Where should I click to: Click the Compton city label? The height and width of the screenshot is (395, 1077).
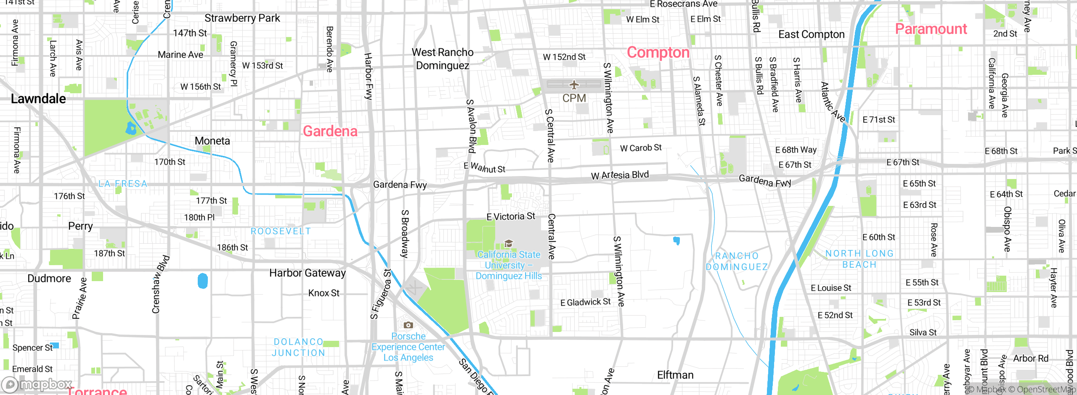658,53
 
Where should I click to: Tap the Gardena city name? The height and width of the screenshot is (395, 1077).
330,131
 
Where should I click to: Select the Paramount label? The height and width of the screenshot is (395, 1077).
931,29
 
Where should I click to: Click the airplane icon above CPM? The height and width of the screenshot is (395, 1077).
574,85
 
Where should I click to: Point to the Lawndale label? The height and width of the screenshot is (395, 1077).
38,99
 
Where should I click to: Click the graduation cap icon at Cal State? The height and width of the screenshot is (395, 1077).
508,244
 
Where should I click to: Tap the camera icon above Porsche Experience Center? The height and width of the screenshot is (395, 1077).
408,325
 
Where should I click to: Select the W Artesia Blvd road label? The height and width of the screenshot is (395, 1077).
620,175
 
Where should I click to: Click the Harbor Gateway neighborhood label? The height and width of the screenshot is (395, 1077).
307,273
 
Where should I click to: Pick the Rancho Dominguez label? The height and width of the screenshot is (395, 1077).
737,261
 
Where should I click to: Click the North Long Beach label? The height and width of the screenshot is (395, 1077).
859,259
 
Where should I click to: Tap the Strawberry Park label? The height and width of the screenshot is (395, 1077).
242,18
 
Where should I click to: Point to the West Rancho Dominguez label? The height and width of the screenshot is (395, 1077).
443,59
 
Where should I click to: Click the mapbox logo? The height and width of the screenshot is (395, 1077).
37,384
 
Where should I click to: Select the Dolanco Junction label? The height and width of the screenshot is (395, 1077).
298,348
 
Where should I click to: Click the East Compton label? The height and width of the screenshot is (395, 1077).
811,34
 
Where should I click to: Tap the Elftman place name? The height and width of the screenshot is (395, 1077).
675,375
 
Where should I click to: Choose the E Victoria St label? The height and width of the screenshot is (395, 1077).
511,216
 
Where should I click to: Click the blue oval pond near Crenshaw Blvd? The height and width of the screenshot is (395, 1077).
203,281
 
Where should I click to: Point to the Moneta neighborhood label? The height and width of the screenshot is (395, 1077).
212,141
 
